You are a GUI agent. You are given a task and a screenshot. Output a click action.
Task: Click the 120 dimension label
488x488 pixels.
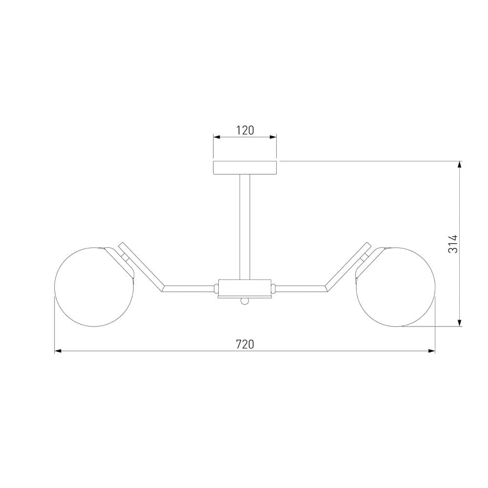(x=245, y=130)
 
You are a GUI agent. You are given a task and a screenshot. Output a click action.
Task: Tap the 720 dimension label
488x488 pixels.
(x=245, y=344)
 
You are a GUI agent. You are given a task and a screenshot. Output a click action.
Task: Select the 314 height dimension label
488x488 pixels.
(x=453, y=244)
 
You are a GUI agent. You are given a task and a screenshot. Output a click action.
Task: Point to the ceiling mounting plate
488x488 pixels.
(x=245, y=168)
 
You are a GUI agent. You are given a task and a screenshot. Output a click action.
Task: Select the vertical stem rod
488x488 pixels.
(x=244, y=227)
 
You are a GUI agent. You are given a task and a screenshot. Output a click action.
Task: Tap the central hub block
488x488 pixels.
(x=244, y=287)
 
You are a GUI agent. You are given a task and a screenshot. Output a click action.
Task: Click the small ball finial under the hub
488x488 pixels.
(x=245, y=301)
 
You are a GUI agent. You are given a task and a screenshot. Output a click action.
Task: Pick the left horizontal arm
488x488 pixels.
(x=189, y=288)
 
